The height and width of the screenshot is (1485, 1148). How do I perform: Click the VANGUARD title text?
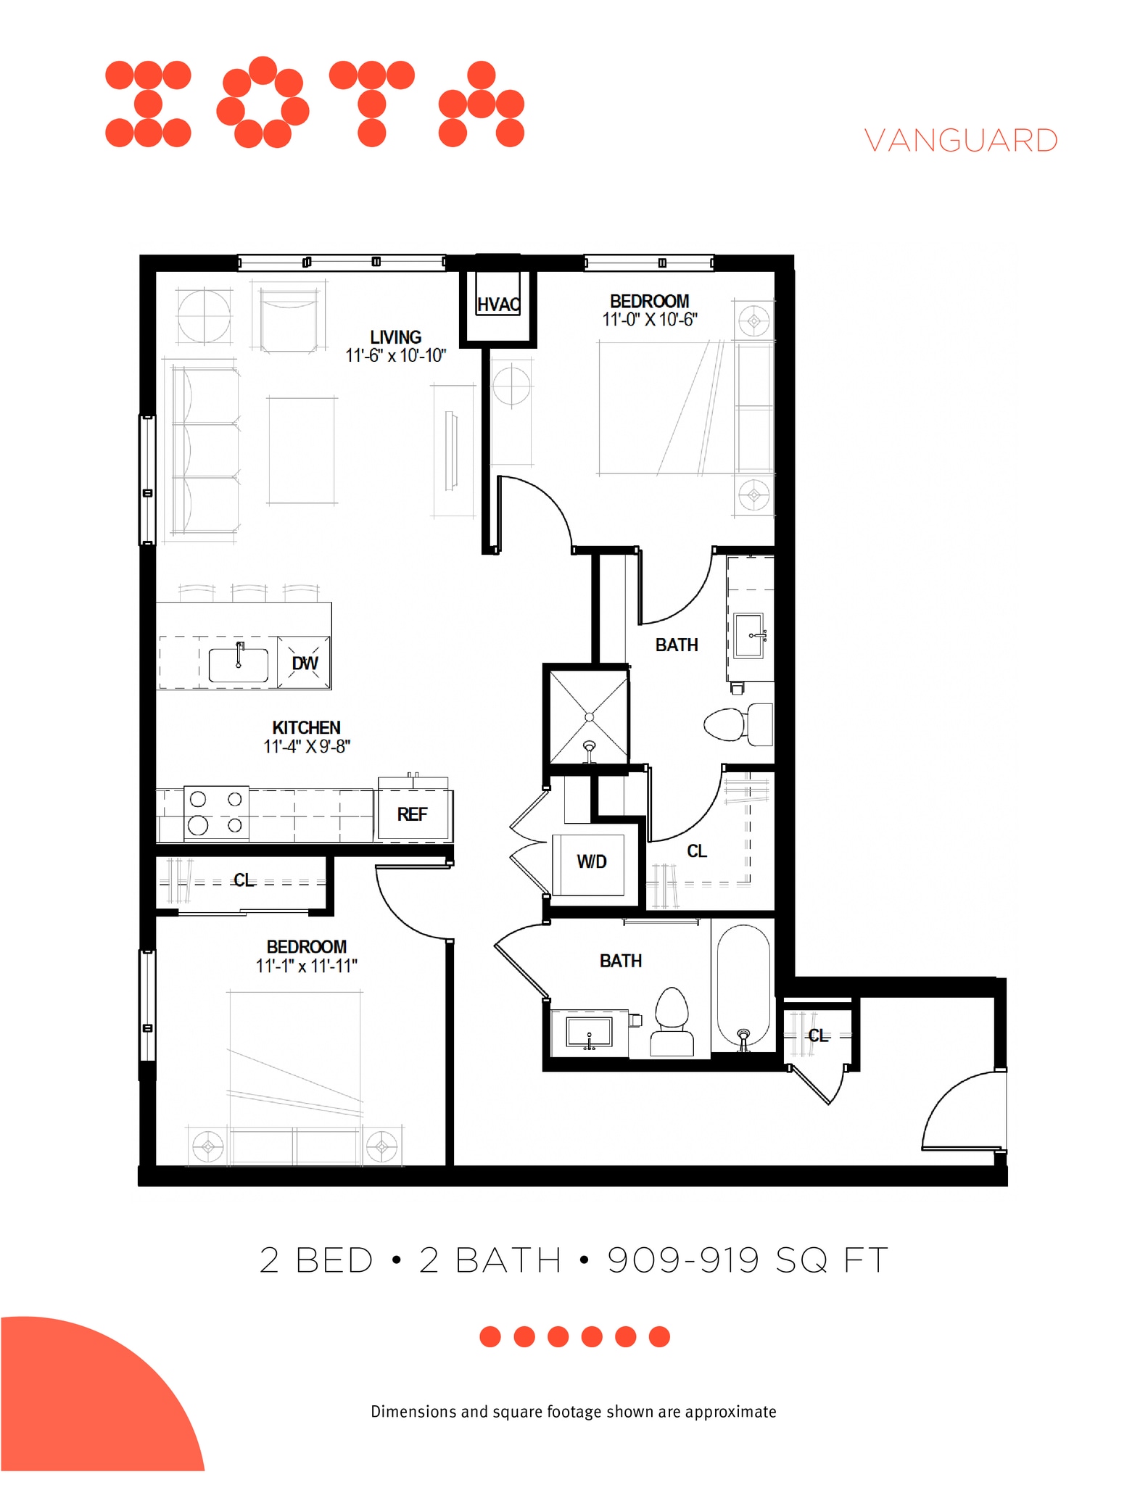pos(961,141)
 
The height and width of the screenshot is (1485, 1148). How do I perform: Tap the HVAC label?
pos(498,305)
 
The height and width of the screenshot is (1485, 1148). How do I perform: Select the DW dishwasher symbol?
pos(305,663)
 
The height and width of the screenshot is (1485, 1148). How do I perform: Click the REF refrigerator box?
pos(413,814)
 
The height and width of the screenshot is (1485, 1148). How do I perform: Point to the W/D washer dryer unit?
pos(590,863)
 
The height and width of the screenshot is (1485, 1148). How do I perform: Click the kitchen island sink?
pos(238,664)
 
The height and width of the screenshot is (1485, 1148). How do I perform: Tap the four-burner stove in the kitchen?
pos(215,812)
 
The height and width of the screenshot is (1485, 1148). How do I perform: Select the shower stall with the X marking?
pos(588,717)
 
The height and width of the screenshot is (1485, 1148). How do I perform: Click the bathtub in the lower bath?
pos(743,985)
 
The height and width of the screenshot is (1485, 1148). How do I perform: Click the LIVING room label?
pos(395,337)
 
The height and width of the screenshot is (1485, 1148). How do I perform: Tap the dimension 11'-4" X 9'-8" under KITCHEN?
pos(307,746)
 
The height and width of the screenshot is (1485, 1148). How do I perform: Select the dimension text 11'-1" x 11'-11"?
pos(306,966)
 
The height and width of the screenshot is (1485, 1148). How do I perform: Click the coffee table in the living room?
pos(302,450)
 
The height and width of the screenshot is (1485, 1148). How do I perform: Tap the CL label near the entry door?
pos(818,1035)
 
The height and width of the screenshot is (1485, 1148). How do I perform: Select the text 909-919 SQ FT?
pos(747,1260)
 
